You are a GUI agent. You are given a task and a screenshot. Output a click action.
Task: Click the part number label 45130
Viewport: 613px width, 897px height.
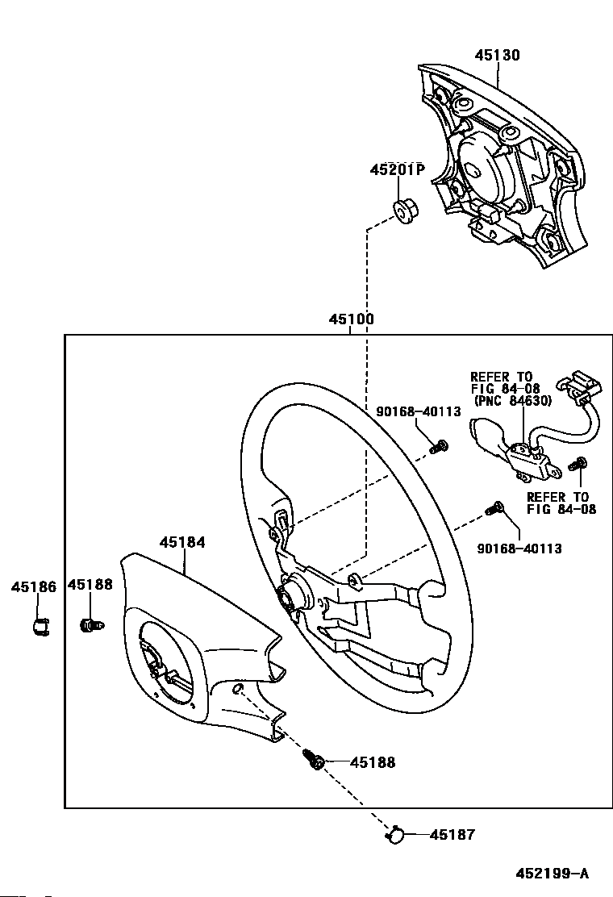pos(498,55)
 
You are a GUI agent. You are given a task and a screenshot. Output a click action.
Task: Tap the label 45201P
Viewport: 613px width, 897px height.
pos(398,170)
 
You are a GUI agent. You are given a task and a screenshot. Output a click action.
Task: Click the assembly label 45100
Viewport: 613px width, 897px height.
pos(351,319)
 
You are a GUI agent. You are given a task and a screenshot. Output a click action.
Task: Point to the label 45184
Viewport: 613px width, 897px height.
pos(181,542)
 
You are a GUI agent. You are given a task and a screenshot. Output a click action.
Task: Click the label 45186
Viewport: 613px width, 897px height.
pos(35,586)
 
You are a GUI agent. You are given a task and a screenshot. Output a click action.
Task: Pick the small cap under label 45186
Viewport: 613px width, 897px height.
pos(40,626)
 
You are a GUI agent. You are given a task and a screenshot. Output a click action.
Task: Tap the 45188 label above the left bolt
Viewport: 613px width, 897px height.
pos(90,585)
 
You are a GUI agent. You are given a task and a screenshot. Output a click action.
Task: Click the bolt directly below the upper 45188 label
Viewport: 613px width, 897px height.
pos(91,625)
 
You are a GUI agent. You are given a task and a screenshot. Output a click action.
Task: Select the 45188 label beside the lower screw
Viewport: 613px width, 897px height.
pos(373,762)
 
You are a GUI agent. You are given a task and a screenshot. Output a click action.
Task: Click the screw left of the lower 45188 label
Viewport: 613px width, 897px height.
pos(314,759)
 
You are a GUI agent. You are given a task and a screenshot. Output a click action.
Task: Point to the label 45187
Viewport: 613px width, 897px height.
pos(452,835)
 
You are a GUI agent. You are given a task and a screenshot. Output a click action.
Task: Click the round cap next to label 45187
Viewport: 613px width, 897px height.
pos(394,835)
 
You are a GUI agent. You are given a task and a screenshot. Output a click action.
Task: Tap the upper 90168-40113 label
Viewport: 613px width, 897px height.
pos(419,412)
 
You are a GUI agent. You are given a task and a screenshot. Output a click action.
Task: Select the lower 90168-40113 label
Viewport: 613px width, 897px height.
pos(519,549)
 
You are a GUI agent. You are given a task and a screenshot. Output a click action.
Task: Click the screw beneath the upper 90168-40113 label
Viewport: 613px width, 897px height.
pos(439,447)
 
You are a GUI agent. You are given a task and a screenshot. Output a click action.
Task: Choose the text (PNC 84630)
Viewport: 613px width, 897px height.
pos(513,401)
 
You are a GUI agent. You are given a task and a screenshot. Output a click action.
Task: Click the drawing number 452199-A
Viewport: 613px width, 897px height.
pos(552,874)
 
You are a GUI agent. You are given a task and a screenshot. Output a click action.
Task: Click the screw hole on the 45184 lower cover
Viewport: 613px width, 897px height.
pos(239,688)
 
